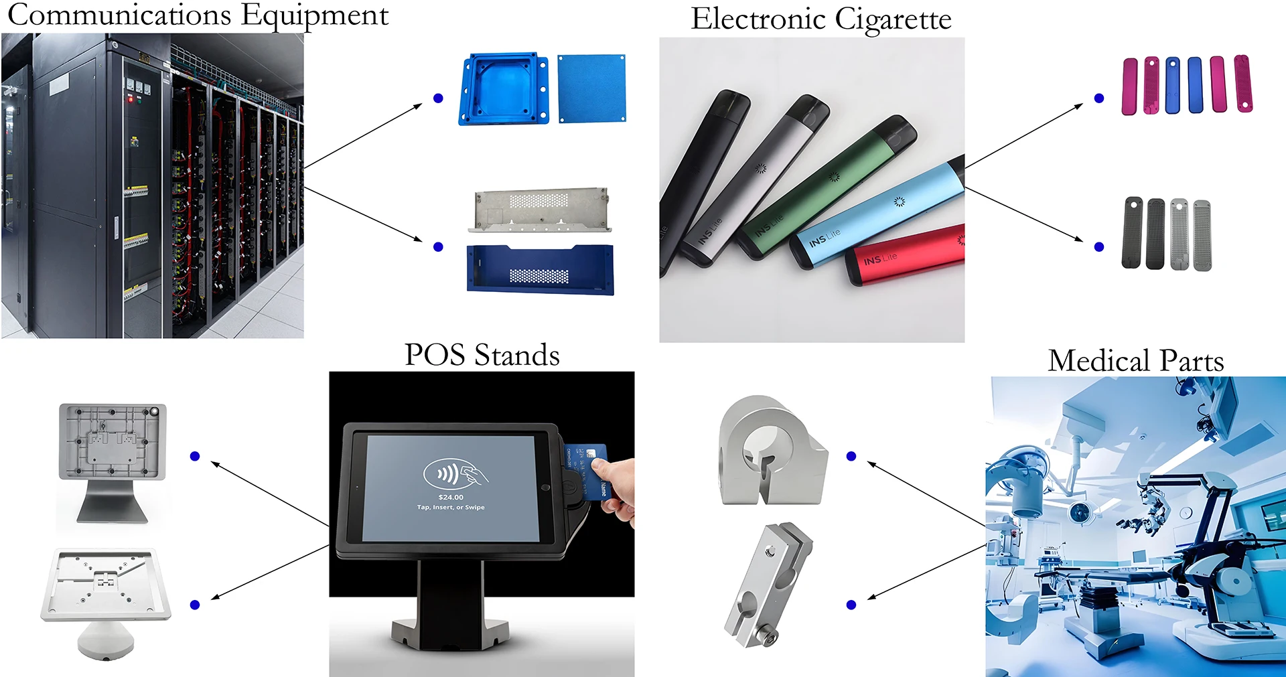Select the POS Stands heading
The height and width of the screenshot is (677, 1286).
(482, 355)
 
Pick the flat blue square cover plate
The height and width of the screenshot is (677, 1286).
(591, 88)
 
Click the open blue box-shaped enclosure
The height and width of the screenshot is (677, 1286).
(504, 90)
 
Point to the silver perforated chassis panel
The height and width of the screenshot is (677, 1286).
(540, 209)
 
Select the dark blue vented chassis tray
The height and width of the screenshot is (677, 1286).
(540, 270)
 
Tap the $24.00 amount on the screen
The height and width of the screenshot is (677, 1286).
(450, 497)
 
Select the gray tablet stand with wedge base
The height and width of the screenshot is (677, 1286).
(113, 462)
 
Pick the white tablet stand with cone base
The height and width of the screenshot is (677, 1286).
(106, 599)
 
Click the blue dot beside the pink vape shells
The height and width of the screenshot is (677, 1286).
(1099, 98)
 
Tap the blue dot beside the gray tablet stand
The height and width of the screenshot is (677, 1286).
(195, 456)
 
